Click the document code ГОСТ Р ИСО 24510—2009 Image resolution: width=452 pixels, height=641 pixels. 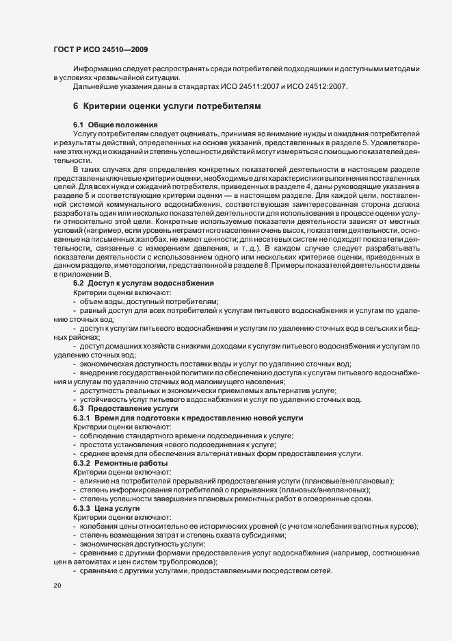click(100, 50)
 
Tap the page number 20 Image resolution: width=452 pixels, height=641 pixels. click(56, 586)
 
